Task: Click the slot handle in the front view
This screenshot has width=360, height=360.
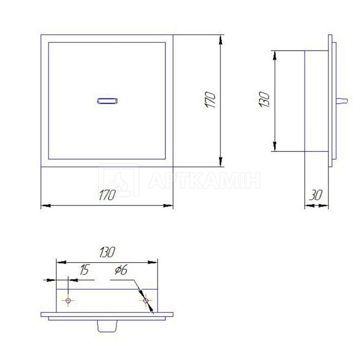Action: click(107, 101)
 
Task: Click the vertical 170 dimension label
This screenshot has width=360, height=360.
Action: click(210, 100)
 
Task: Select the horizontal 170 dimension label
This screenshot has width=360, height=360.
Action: click(107, 195)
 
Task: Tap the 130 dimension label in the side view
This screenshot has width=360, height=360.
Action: click(264, 99)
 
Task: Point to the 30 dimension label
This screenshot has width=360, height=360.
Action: click(316, 195)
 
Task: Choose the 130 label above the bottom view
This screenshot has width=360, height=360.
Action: click(107, 253)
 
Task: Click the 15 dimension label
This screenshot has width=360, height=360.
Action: click(84, 270)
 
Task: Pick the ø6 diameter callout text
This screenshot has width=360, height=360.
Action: click(121, 270)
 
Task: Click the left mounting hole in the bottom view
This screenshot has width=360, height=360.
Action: click(68, 300)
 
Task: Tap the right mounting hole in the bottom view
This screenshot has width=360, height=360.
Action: click(146, 300)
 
